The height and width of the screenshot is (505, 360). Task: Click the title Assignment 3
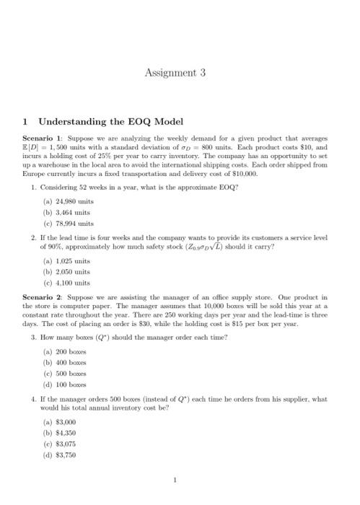point(175,72)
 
